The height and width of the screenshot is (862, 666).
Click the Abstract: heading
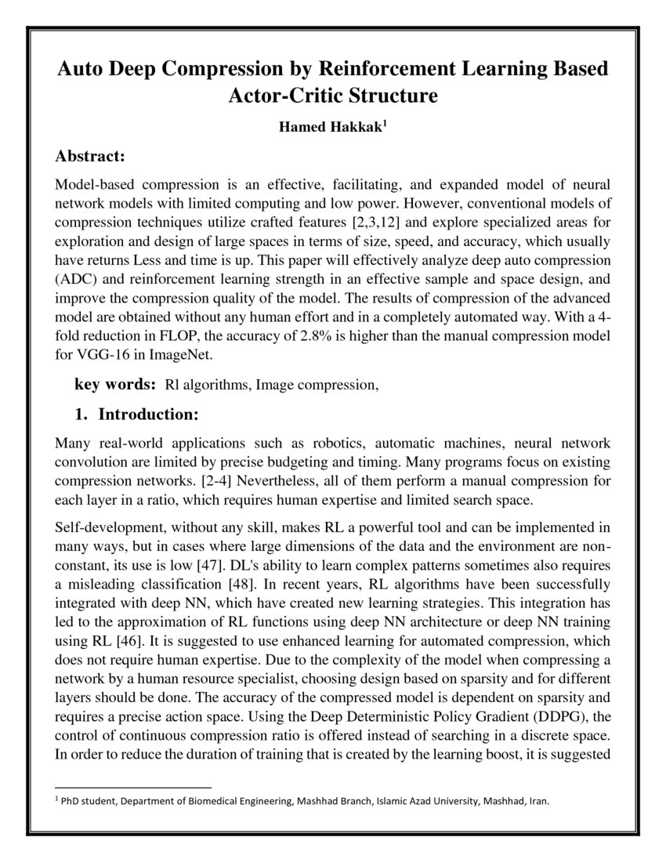(91, 158)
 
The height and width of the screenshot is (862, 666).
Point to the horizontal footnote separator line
(133, 787)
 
